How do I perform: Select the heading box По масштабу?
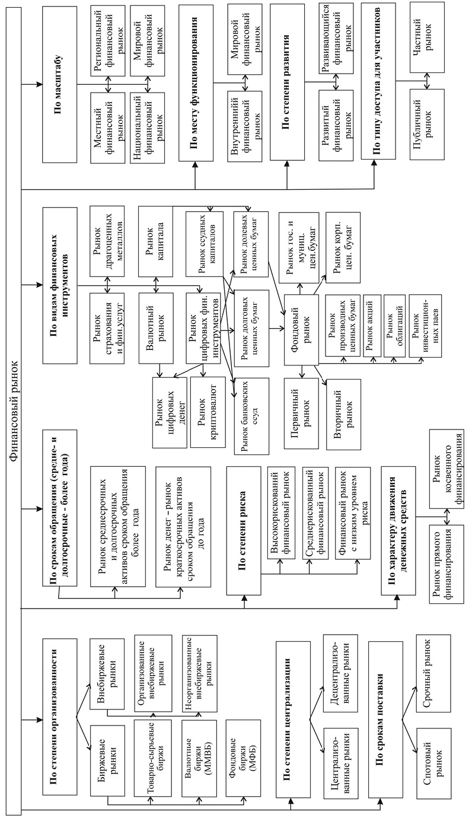pyautogui.click(x=60, y=83)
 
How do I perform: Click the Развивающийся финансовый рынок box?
pyautogui.click(x=338, y=36)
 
